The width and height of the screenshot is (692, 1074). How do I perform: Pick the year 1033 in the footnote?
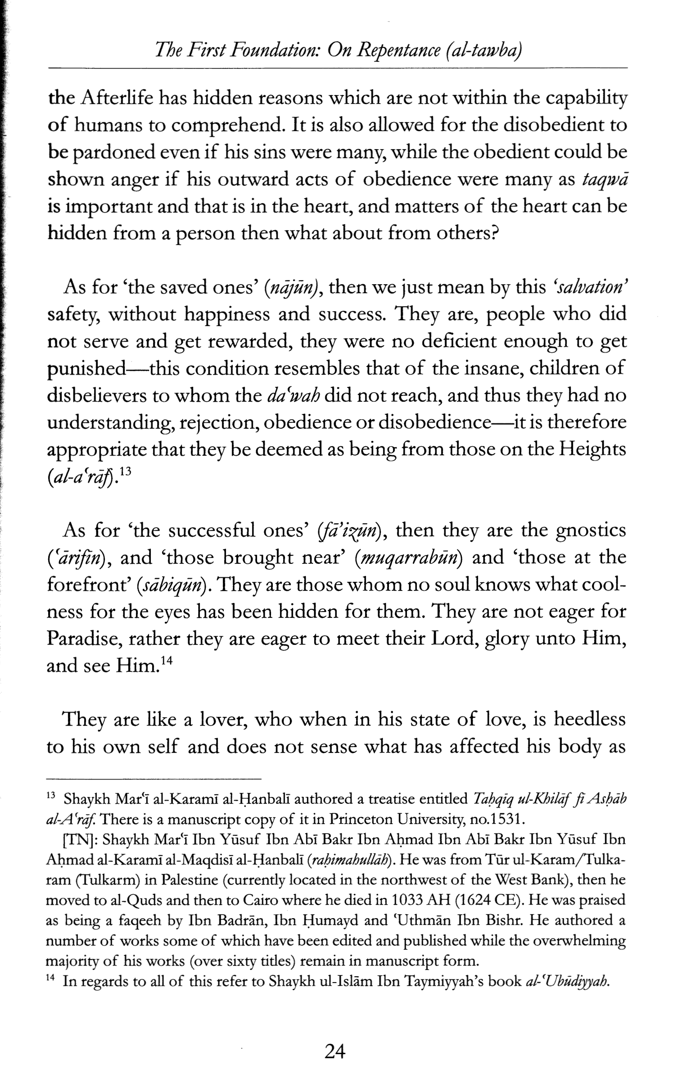408,899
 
